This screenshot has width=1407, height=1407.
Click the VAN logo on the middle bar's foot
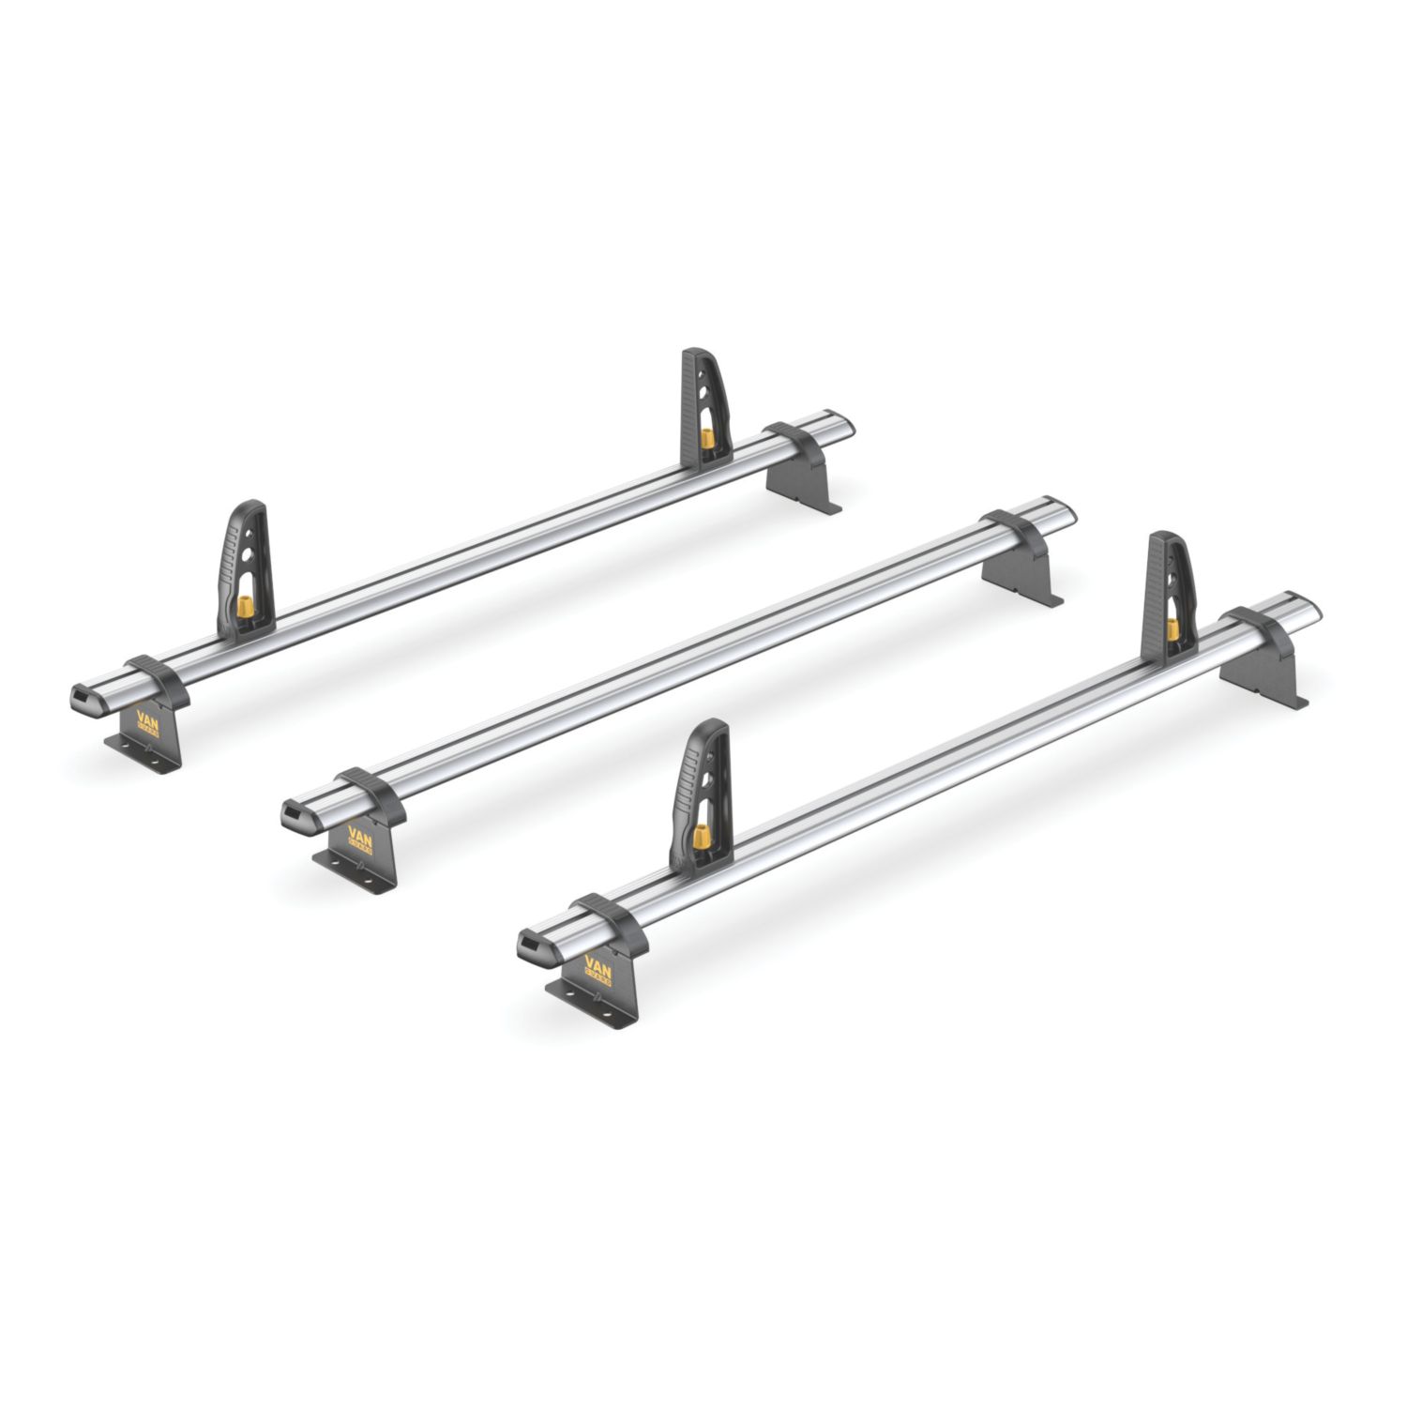tap(359, 838)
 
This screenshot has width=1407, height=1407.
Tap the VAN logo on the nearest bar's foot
tap(598, 969)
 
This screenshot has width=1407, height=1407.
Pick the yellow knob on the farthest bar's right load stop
tap(706, 439)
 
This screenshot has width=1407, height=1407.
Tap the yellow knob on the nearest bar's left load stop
tap(700, 838)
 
